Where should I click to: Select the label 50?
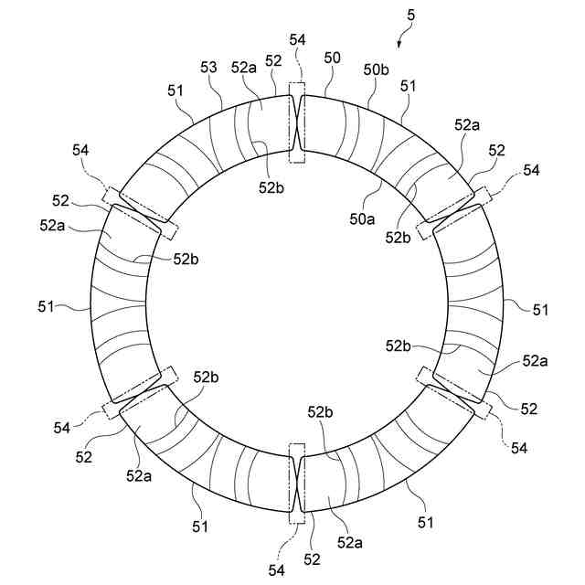click(332, 58)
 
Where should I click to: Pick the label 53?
click(208, 67)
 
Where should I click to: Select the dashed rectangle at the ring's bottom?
click(296, 484)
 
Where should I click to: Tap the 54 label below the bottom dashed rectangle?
click(277, 569)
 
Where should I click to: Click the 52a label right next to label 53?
click(243, 67)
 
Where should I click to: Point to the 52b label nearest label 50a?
click(399, 237)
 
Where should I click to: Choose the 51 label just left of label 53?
click(175, 90)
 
